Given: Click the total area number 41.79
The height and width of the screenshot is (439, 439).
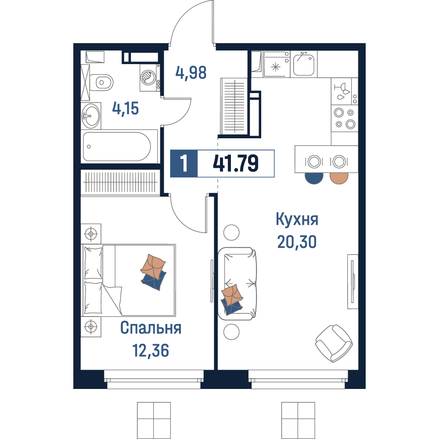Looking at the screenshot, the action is point(236,163).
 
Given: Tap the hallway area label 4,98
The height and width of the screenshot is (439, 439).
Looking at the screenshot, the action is point(191,72).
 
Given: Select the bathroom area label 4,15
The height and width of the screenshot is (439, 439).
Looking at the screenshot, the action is point(126,108).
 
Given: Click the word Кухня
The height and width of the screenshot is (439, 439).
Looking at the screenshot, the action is point(297,219).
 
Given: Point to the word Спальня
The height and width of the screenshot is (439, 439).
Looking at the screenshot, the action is point(151,328).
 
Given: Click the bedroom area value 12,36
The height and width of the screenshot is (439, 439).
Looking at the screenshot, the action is point(151,350).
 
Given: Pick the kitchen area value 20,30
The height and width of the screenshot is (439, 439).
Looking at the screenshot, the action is point(297,242).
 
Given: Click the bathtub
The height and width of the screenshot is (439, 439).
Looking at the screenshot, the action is point(117,147).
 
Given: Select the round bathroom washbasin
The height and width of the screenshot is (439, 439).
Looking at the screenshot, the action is point(91,115).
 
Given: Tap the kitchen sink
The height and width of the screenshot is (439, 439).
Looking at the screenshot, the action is point(304,64).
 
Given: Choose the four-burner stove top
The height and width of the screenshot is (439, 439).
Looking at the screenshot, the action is point(345,118).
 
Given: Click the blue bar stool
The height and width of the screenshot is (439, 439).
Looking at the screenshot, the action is point(314,178).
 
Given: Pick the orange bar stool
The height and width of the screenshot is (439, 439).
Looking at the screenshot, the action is point(339,178).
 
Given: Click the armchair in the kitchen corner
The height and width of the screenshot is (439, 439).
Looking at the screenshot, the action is point(334,344).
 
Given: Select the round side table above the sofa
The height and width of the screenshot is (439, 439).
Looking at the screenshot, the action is point(231,232).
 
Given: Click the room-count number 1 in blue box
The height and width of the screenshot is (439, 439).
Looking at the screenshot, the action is point(184,163).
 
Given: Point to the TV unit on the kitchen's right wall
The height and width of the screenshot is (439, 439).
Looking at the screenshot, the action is point(353,281).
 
